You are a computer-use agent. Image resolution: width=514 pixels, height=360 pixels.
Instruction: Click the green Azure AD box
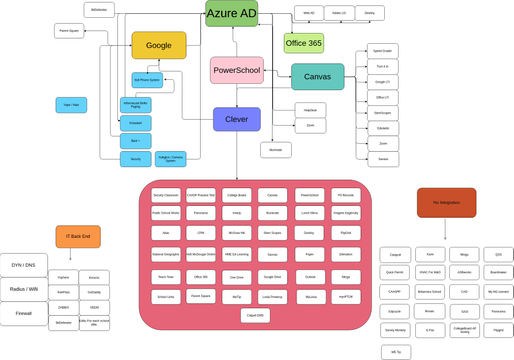[x=232, y=13]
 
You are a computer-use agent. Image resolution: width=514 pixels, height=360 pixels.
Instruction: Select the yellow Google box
[x=159, y=45]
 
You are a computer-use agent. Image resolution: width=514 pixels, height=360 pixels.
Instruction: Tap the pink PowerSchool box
[x=237, y=70]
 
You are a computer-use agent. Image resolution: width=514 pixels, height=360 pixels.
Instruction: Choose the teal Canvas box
[x=317, y=77]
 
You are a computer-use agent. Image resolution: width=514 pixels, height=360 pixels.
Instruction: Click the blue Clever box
[x=237, y=119]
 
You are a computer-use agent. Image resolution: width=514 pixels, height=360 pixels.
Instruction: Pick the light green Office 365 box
[x=303, y=43]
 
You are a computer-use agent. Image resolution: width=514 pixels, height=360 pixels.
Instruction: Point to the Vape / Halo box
[x=71, y=104]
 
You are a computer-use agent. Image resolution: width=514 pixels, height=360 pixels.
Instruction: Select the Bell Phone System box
[x=147, y=79]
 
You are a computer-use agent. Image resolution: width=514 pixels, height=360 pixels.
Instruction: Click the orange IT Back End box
[x=78, y=237]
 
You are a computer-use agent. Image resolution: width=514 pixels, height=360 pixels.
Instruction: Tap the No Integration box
[x=446, y=202]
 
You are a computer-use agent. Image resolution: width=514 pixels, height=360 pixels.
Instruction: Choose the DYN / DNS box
[x=23, y=265]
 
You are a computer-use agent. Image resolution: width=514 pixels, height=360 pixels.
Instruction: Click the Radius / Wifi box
[x=23, y=290]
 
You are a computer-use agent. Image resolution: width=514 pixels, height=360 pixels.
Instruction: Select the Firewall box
[x=23, y=314]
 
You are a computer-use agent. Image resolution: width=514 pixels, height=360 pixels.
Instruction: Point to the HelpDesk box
[x=310, y=110]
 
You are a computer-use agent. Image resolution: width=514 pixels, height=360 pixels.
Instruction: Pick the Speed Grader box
[x=383, y=50]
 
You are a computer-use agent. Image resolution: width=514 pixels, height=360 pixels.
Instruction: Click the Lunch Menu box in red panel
[x=309, y=213]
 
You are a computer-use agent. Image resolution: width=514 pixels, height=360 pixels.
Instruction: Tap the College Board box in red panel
[x=237, y=195]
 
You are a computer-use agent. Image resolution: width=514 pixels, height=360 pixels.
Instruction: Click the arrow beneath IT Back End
[x=78, y=255]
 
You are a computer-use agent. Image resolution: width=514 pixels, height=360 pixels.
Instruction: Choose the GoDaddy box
[x=94, y=291]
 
